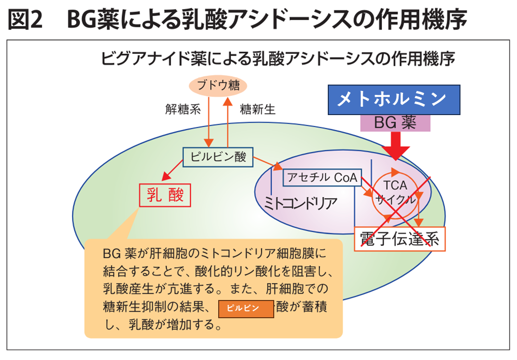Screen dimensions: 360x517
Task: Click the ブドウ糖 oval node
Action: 218,86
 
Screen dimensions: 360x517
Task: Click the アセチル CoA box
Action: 322,178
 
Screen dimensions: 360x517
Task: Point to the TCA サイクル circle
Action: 395,192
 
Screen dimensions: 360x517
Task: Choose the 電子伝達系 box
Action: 399,240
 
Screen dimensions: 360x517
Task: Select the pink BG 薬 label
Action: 396,122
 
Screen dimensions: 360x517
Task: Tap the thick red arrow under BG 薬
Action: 396,146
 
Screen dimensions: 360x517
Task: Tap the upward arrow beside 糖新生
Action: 228,120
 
